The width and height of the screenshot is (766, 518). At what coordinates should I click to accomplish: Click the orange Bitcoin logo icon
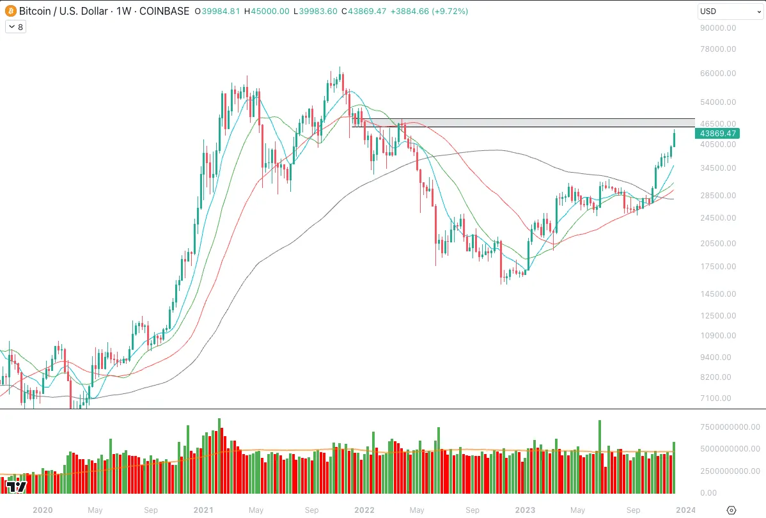(10, 12)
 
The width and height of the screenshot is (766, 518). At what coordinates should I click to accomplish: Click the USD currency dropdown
(729, 12)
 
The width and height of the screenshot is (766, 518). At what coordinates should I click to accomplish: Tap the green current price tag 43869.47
(719, 134)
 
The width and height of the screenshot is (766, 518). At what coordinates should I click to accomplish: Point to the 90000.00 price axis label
(719, 28)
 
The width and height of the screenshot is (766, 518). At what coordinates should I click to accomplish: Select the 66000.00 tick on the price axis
(719, 73)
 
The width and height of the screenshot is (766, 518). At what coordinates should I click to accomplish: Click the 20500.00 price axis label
(719, 244)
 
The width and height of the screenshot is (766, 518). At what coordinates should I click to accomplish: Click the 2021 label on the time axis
(203, 510)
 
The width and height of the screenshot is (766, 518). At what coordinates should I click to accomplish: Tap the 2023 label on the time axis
(526, 510)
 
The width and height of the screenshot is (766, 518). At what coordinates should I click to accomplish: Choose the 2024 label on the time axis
(686, 510)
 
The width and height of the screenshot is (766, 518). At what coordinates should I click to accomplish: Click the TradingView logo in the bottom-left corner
(16, 487)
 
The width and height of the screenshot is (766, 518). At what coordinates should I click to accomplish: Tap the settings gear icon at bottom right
(732, 510)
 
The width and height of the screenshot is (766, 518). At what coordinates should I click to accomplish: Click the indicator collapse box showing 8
(15, 27)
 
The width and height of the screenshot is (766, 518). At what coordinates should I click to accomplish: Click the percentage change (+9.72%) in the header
(451, 12)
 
